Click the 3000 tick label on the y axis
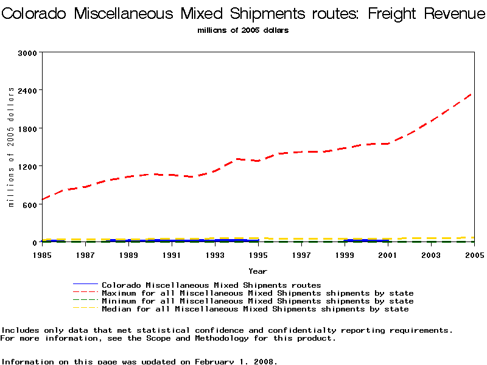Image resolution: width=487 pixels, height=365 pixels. (29, 53)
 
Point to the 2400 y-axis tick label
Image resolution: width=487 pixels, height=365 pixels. (29, 91)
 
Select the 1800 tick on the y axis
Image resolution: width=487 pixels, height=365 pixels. (29, 128)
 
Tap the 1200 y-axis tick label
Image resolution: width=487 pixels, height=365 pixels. (29, 166)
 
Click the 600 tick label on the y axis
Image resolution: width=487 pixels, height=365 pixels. (31, 204)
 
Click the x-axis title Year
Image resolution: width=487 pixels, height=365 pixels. (258, 271)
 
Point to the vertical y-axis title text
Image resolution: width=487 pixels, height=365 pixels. (11, 147)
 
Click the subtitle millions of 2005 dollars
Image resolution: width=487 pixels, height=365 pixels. (243, 30)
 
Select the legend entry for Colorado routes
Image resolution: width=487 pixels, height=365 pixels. (211, 285)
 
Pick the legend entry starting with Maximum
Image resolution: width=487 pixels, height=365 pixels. (258, 293)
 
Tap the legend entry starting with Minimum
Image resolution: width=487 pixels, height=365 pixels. (258, 301)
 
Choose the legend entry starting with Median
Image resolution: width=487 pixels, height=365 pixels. (255, 309)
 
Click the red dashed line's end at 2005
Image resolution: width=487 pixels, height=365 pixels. (472, 93)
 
